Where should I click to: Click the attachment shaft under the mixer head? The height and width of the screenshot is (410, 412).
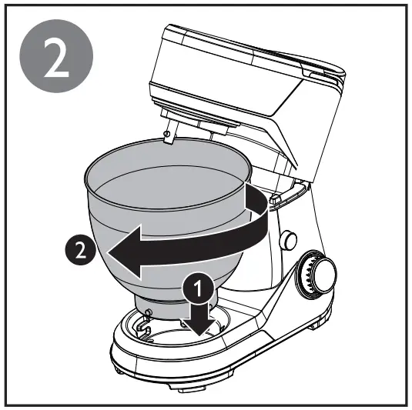pyautogui.click(x=170, y=127)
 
